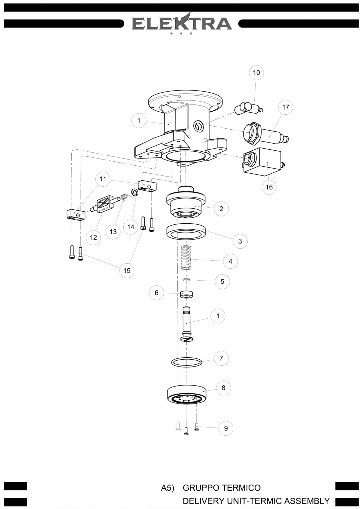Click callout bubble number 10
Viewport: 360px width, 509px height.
[256, 73]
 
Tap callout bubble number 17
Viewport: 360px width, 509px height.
[285, 107]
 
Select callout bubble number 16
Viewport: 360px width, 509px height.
[269, 187]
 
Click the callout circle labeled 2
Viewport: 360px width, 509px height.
[221, 209]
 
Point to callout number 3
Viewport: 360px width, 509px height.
[240, 241]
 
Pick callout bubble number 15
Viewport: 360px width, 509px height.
[127, 270]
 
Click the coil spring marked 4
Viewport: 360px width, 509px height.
[186, 258]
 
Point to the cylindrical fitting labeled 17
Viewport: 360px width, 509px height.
[265, 134]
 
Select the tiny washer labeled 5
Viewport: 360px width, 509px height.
[186, 279]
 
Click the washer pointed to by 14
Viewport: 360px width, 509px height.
[134, 192]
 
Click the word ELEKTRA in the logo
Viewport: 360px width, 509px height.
[182, 23]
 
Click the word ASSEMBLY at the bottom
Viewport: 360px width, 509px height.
[307, 501]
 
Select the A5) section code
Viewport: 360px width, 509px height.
[167, 488]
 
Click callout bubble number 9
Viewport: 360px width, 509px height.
[226, 428]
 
